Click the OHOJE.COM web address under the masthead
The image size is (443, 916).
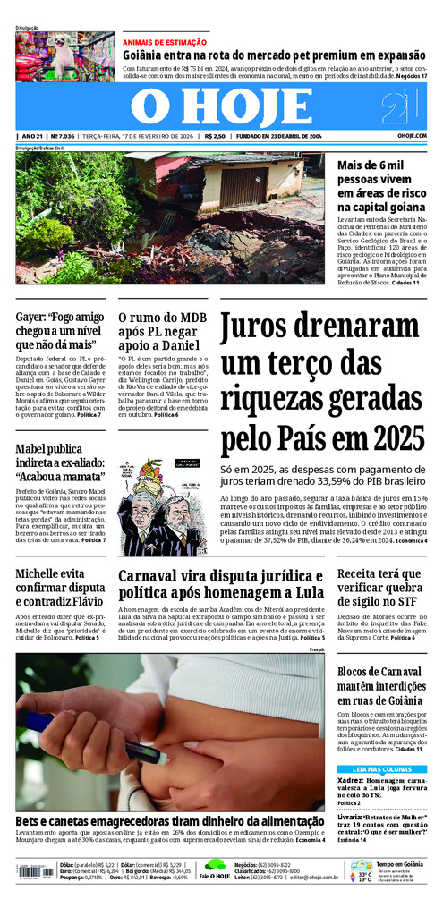click(412, 136)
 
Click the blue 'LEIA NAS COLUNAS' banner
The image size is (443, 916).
click(382, 768)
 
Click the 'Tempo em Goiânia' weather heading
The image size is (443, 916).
click(400, 863)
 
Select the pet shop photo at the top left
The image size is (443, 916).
click(64, 56)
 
